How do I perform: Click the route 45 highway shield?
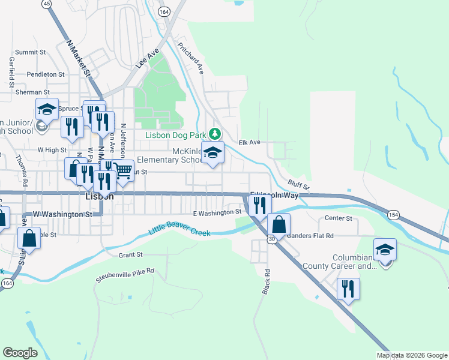coord(46,4)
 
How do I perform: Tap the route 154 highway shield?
coord(393,215)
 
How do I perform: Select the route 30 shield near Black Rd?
coord(272,239)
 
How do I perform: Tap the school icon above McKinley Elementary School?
coord(212,154)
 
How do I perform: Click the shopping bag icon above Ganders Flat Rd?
coord(279,225)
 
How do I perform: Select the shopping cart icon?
coord(123,171)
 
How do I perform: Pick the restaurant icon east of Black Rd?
coord(348,289)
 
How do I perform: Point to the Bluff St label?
coord(298,184)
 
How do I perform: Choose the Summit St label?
coord(31,52)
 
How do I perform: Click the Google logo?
coord(20,353)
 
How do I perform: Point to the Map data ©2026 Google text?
coord(411,355)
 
